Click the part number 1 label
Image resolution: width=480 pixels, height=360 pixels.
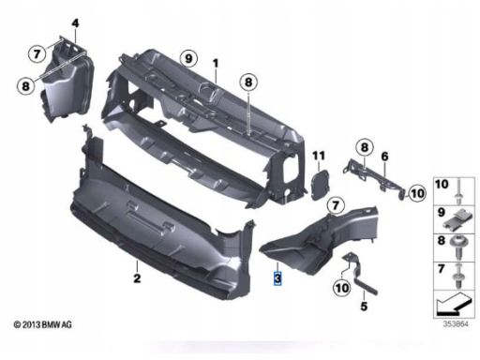pyautogui.click(x=216, y=64)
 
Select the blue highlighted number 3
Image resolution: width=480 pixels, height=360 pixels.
pyautogui.click(x=277, y=278)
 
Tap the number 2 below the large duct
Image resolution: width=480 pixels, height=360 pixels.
pyautogui.click(x=137, y=277)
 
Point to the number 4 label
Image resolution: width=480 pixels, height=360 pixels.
pyautogui.click(x=75, y=23)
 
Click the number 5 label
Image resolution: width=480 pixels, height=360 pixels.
pyautogui.click(x=364, y=306)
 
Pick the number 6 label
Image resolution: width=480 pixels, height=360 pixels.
pyautogui.click(x=384, y=157)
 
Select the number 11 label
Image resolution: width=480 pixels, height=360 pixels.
pyautogui.click(x=319, y=156)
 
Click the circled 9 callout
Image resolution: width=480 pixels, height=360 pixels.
pyautogui.click(x=188, y=58)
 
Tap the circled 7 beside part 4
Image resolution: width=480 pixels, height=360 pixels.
pyautogui.click(x=37, y=53)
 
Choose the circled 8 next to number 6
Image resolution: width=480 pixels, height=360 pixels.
pyautogui.click(x=365, y=147)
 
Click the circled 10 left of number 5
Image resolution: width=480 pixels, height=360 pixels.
pyautogui.click(x=342, y=288)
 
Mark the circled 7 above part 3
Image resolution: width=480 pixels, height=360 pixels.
pyautogui.click(x=336, y=205)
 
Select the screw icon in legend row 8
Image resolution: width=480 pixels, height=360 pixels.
pyautogui.click(x=457, y=247)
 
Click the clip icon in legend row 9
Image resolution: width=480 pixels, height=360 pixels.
pyautogui.click(x=457, y=220)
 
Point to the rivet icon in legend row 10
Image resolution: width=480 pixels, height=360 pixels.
pyautogui.click(x=458, y=191)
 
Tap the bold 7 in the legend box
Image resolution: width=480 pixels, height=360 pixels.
pyautogui.click(x=441, y=268)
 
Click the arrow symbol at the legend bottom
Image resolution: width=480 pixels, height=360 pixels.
pyautogui.click(x=454, y=304)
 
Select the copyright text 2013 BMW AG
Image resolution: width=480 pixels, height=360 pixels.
pyautogui.click(x=43, y=325)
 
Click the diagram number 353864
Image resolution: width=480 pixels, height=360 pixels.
pyautogui.click(x=456, y=324)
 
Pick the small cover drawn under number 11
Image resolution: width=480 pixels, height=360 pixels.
pyautogui.click(x=320, y=185)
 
